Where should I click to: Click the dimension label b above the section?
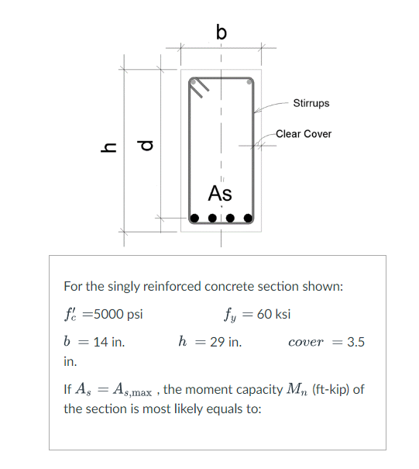click(222, 32)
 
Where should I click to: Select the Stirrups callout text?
click(311, 103)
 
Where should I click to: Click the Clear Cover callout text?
click(304, 134)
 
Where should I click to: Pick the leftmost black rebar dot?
click(194, 218)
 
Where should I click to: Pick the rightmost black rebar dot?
click(249, 218)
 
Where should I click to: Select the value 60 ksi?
click(276, 315)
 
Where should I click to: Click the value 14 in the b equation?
click(99, 341)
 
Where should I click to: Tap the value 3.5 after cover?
click(356, 341)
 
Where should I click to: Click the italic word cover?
click(306, 342)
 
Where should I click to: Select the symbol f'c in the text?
click(71, 315)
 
